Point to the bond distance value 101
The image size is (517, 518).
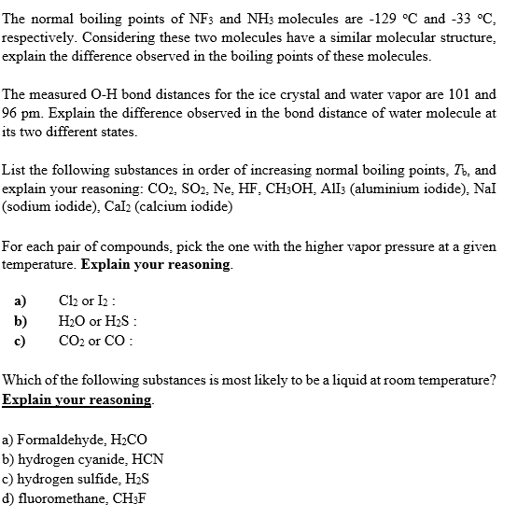[x=457, y=94]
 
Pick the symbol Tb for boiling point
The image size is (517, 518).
[x=457, y=171]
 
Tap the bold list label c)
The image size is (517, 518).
[x=20, y=338]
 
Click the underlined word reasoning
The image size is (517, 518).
[x=114, y=399]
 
